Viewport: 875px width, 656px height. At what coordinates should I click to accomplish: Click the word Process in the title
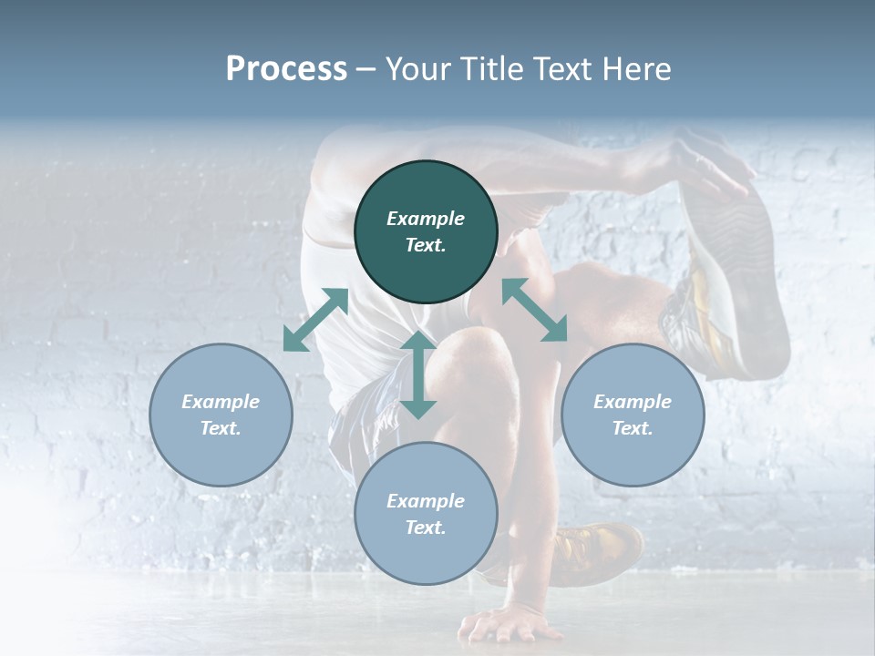286,69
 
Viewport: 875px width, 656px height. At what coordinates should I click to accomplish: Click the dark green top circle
426,231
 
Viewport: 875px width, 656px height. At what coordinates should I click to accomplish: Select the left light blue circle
221,415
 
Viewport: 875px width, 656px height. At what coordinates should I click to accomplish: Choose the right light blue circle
633,415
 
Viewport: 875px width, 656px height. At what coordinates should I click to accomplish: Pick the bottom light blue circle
426,514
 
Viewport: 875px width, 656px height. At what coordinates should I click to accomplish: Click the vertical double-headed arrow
418,374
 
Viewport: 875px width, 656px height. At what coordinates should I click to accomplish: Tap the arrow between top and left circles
315,320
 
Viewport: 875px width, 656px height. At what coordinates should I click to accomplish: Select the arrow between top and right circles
534,310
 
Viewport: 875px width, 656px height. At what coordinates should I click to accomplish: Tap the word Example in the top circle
426,219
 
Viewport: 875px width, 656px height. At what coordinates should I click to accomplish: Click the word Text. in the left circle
221,428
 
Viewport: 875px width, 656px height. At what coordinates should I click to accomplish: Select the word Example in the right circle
633,402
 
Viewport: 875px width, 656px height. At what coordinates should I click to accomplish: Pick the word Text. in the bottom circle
426,528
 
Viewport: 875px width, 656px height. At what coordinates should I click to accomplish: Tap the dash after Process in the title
366,69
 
